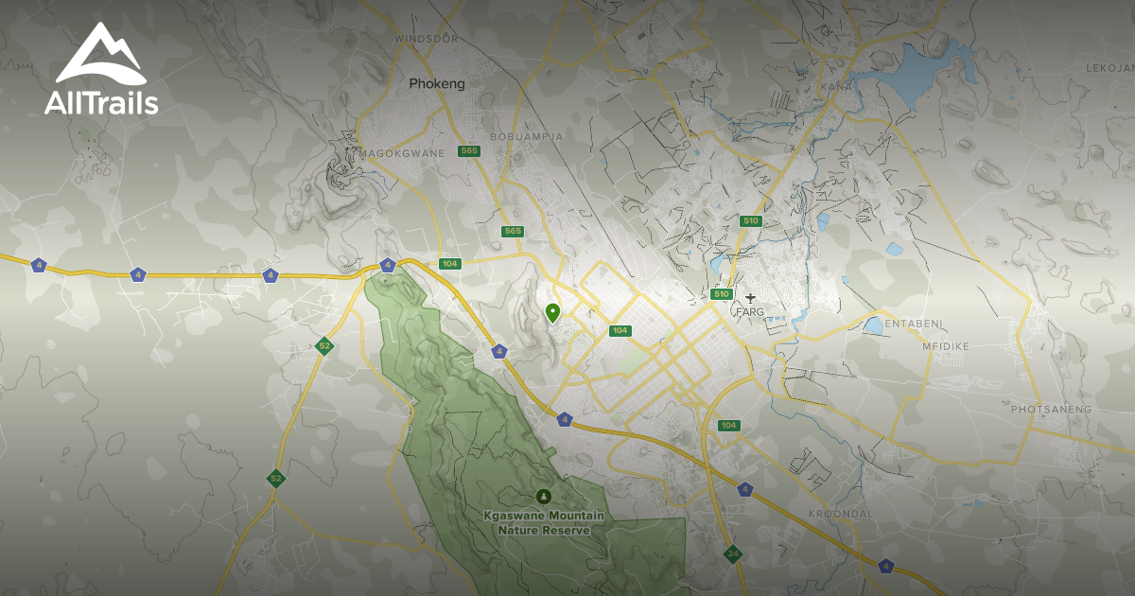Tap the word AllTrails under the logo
[x=100, y=103]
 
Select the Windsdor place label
[x=426, y=39]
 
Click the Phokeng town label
[x=437, y=84]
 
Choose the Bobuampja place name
[x=526, y=136]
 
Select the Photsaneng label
[x=1051, y=410]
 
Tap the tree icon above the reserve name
[x=543, y=496]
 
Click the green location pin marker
[x=552, y=311]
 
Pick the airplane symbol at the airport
[x=751, y=298]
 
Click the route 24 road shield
[x=732, y=553]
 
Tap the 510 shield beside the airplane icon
[x=722, y=294]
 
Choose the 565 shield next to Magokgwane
[x=468, y=151]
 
